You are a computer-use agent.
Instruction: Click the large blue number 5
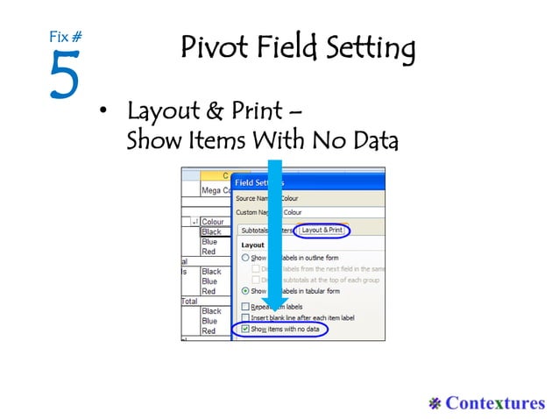point(64,75)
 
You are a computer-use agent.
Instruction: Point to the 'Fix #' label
point(65,37)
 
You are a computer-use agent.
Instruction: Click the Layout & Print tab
point(322,230)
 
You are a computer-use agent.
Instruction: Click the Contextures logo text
point(494,402)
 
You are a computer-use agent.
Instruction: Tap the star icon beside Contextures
point(435,402)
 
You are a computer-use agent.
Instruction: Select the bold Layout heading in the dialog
point(252,245)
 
